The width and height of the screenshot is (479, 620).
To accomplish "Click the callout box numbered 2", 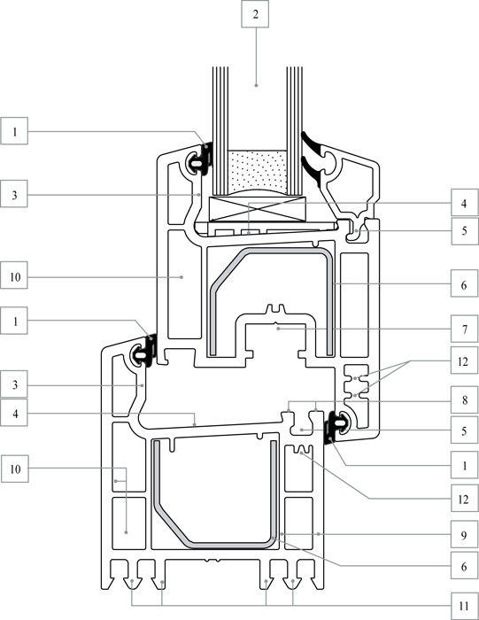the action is point(255,14).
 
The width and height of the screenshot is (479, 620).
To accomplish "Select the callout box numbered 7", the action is point(464,329).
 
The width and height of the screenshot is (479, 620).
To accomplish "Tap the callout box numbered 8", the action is point(464,399).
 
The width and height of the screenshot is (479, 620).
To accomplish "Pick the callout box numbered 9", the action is point(464,535).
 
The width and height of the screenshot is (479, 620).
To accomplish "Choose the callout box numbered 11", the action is point(464,605).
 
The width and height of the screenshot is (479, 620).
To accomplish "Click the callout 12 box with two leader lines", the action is point(464,360).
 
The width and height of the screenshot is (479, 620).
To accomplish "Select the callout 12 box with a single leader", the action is point(464,499).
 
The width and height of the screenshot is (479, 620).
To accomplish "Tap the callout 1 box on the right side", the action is point(464,465).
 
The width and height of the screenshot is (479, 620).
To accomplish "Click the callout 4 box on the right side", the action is point(464,203).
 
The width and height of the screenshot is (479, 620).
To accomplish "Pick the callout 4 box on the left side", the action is point(15,414).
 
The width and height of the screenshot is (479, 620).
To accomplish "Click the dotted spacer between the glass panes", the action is point(258,172).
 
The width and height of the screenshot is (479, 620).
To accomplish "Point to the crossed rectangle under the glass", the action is point(258,208).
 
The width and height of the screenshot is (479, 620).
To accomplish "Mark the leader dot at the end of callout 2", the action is point(256,85).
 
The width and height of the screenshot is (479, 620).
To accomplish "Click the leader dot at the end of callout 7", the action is point(278,329).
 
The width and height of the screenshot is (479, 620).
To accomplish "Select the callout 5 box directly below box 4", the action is point(464,230).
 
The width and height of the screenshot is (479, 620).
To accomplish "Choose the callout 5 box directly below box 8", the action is point(464,430).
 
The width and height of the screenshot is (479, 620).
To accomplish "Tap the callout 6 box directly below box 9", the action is point(464,566).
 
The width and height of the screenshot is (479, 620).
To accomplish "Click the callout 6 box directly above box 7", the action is point(464,284).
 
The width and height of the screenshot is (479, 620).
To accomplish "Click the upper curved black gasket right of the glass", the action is point(313,143).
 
